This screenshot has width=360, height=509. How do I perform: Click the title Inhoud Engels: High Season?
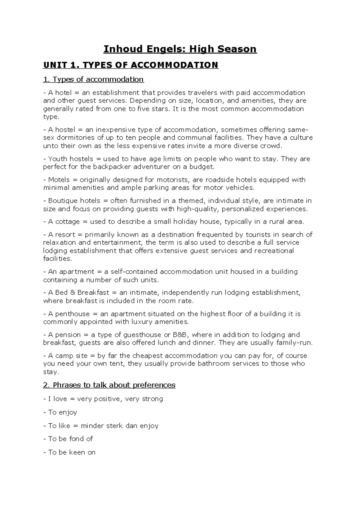(x=180, y=49)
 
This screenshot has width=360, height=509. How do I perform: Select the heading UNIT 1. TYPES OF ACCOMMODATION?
(x=131, y=65)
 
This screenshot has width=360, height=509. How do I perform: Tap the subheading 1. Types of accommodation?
(x=93, y=79)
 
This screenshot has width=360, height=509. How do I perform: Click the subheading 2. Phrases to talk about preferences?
(x=109, y=385)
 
